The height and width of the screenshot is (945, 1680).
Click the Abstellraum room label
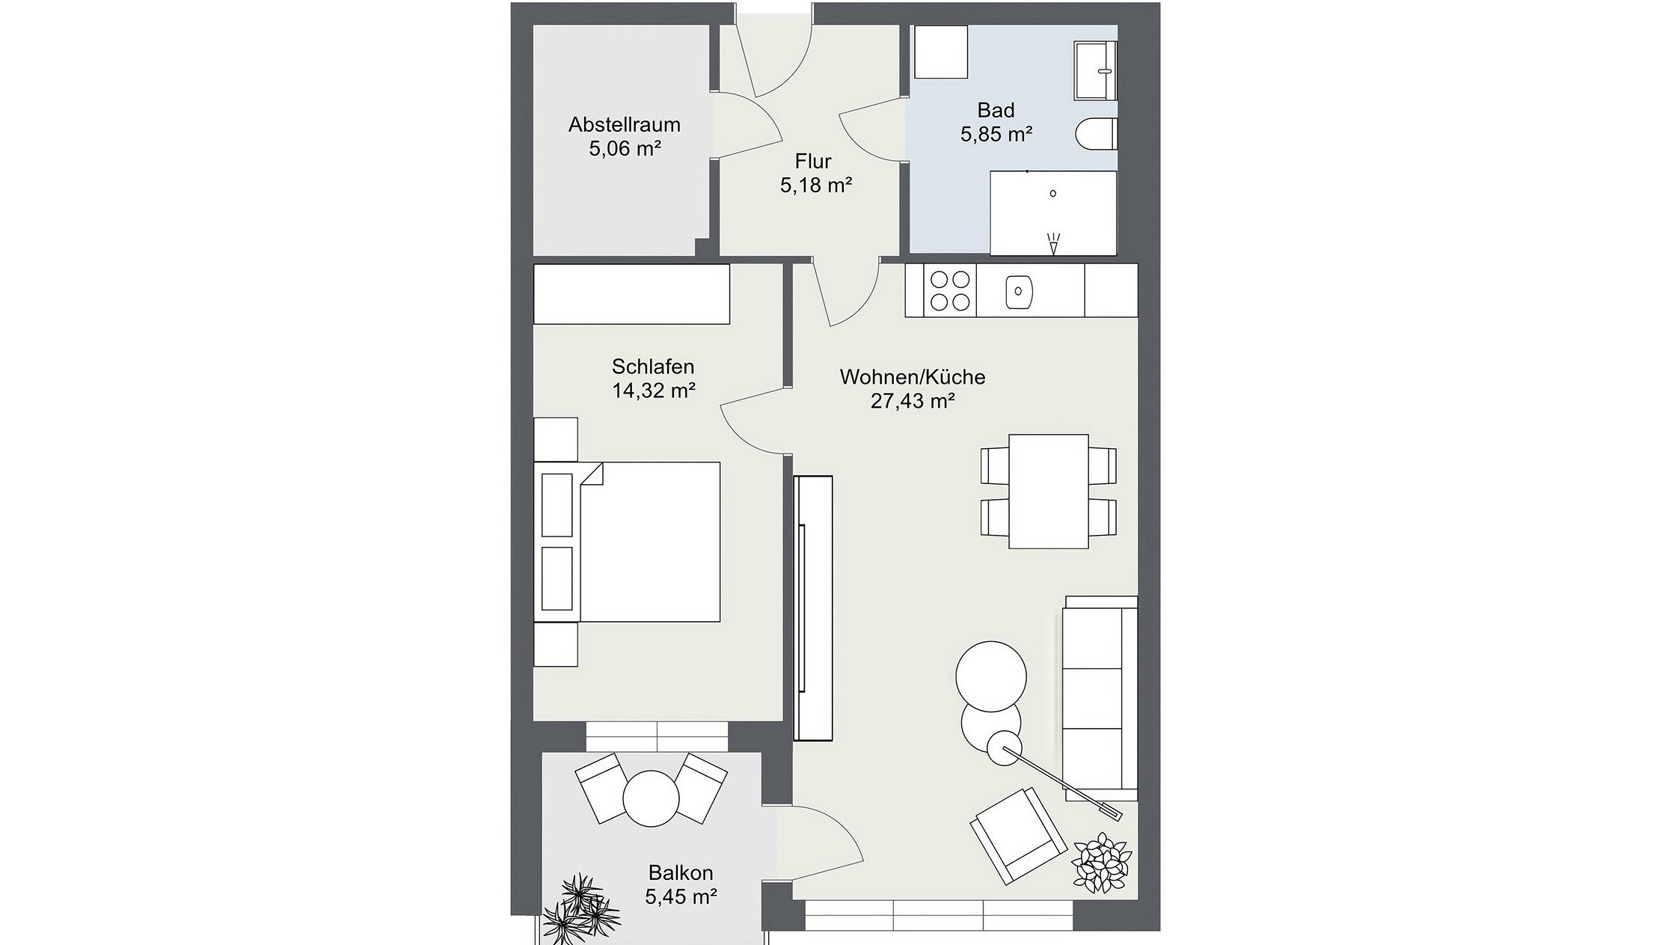tap(624, 124)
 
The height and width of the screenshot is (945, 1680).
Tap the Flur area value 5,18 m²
tap(816, 186)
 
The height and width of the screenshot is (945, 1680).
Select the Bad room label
tap(996, 111)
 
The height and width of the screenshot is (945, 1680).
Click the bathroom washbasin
tap(1096, 70)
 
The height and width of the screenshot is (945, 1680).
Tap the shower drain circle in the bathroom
tap(1053, 193)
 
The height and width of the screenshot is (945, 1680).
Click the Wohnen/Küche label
tap(912, 377)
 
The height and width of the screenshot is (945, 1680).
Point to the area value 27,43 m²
tap(912, 402)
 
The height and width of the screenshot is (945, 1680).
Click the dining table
tap(1048, 492)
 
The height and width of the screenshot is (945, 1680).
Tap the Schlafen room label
tap(653, 367)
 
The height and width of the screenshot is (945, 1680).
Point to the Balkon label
tap(681, 872)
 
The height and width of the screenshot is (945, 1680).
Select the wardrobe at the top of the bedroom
tap(631, 294)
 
